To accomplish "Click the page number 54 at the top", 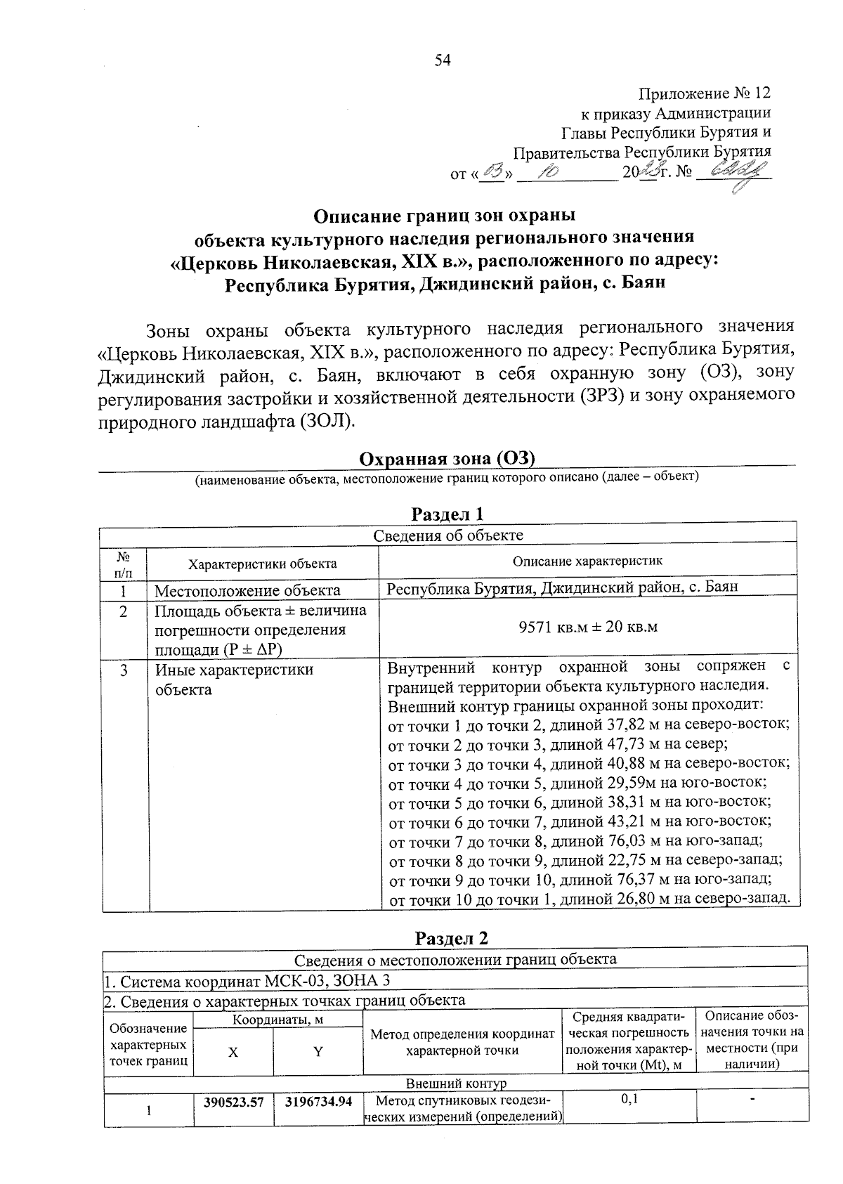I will coord(442,60).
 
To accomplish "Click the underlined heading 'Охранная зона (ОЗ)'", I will coord(447,459).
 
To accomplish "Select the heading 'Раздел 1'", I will coord(447,514).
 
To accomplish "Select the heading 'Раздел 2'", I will coord(451,939).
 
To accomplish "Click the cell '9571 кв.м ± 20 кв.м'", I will coord(587,627).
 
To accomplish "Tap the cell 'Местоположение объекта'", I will coord(247,590).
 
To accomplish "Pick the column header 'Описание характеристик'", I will coord(587,561).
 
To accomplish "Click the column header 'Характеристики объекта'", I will coord(262,564).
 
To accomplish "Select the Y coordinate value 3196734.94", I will coord(318,1102).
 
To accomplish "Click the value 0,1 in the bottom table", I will coord(629,1100).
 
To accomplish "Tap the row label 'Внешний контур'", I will coord(456,1084).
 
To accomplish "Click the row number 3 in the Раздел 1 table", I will coord(124,670).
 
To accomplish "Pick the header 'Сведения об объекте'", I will coord(447,535).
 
